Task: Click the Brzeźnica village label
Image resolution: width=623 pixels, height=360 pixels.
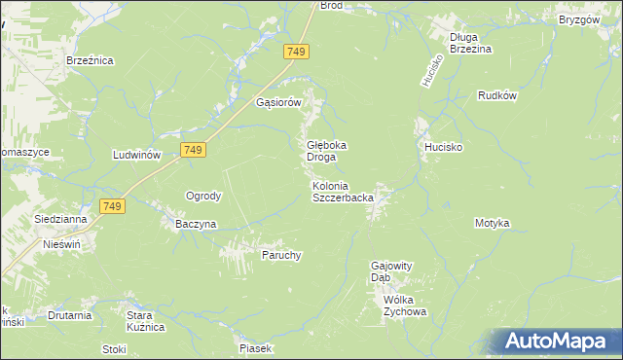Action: click(91, 60)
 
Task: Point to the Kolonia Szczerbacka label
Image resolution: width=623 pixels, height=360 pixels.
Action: click(343, 192)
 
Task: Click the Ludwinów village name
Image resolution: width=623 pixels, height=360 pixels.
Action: click(136, 156)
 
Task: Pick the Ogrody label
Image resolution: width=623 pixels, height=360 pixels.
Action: click(203, 196)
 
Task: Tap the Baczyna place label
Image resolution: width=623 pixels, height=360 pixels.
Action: click(196, 224)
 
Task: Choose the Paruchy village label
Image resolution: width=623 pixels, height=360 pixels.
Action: click(281, 256)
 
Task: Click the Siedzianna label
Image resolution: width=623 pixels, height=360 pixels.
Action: click(60, 220)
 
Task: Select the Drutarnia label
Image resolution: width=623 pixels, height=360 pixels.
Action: click(70, 315)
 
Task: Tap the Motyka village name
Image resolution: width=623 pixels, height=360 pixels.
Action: click(492, 224)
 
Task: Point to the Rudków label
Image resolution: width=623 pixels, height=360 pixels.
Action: click(496, 95)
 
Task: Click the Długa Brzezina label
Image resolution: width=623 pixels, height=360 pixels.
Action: click(470, 43)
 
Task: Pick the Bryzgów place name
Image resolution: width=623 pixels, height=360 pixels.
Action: click(578, 19)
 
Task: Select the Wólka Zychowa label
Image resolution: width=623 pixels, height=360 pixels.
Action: click(405, 306)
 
